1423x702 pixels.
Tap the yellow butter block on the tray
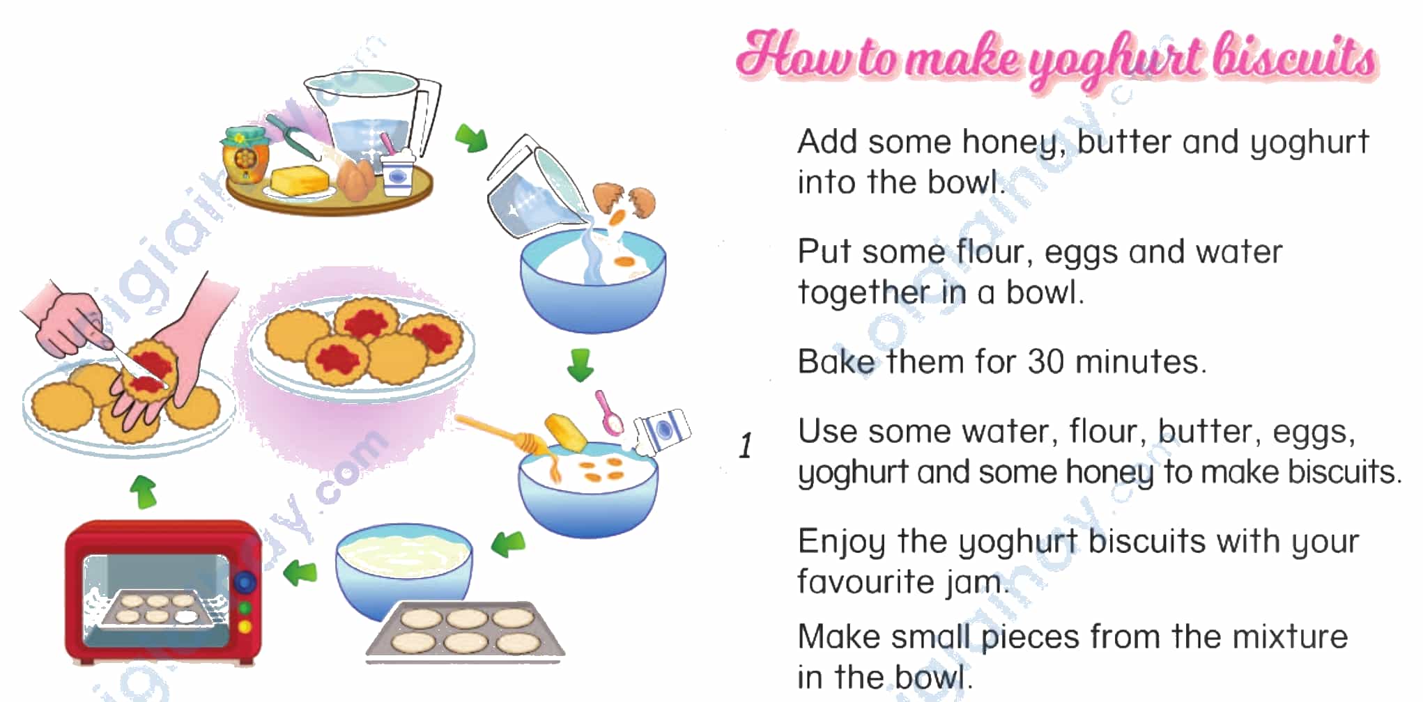coord(300,180)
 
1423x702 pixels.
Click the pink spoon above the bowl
coord(609,413)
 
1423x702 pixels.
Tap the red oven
coord(163,593)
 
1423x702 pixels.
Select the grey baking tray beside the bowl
coord(466,631)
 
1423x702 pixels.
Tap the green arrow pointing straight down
coord(580,365)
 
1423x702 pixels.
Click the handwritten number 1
coord(746,446)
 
